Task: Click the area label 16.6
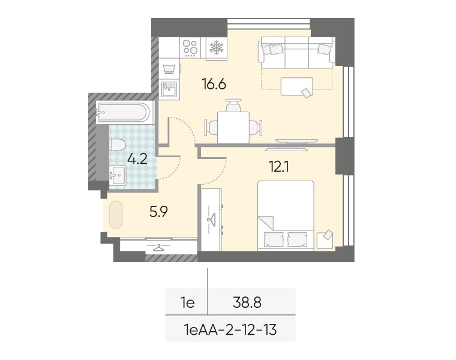tap(214, 85)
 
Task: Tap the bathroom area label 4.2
tap(137, 159)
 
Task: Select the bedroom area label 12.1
tap(279, 167)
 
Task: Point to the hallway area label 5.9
tap(158, 212)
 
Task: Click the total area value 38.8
tap(247, 303)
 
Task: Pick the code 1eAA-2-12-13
tap(230, 330)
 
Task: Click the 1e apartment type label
tap(188, 303)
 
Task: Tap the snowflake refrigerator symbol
tap(217, 47)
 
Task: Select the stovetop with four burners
tap(190, 47)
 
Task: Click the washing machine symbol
tap(169, 68)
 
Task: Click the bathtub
tap(124, 112)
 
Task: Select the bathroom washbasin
tap(118, 175)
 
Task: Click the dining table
tap(233, 127)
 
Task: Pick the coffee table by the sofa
tap(296, 86)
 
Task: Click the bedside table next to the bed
tap(325, 241)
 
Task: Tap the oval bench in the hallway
tap(116, 215)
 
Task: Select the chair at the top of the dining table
tap(233, 105)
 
